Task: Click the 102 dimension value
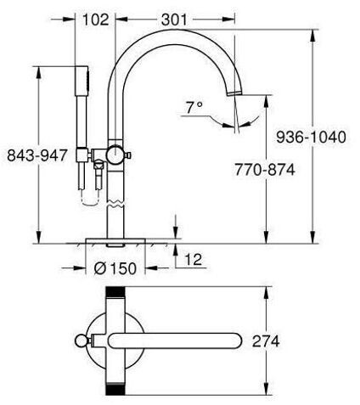(96, 20)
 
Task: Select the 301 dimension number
(174, 20)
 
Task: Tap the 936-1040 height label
(311, 138)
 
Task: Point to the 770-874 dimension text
(265, 170)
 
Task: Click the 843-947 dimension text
(37, 155)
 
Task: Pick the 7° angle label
(194, 108)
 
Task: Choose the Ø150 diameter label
(115, 268)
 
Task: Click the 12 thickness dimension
(194, 260)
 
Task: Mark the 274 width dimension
(266, 341)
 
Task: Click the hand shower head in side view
(82, 81)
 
